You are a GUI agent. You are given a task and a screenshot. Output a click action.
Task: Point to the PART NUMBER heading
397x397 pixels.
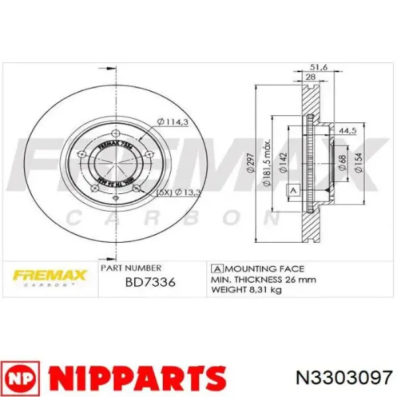(130, 268)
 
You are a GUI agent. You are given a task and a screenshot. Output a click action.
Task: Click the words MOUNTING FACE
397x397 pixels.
(264, 269)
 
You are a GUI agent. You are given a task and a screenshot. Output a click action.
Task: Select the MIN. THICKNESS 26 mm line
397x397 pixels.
(262, 279)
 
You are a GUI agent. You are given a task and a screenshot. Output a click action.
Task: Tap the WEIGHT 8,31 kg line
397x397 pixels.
(249, 290)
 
